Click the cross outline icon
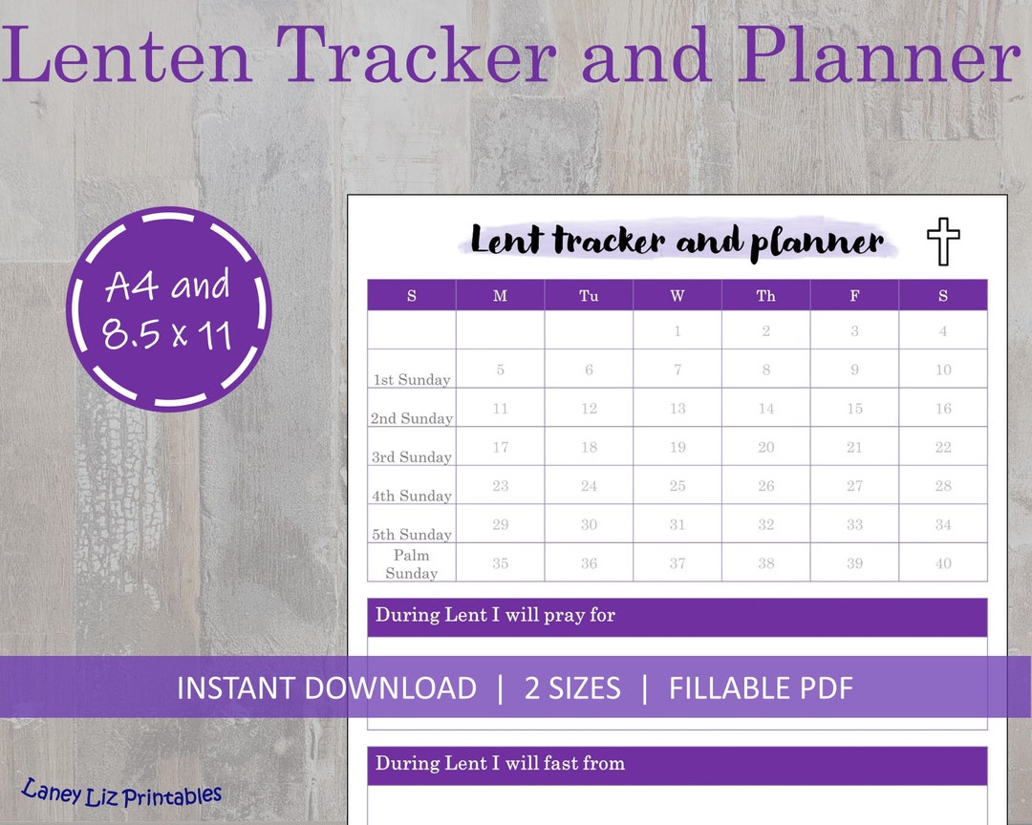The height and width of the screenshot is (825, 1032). pyautogui.click(x=943, y=242)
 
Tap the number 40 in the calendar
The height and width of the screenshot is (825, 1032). pyautogui.click(x=943, y=563)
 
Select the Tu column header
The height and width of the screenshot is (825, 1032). pyautogui.click(x=589, y=296)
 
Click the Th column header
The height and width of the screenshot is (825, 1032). pyautogui.click(x=765, y=296)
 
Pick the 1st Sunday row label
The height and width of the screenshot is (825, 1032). pyautogui.click(x=412, y=379)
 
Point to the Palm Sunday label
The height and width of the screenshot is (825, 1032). pyautogui.click(x=412, y=564)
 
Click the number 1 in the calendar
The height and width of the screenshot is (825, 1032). pyautogui.click(x=677, y=331)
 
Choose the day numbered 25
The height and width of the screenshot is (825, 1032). pyautogui.click(x=677, y=486)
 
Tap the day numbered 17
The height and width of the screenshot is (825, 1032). pyautogui.click(x=500, y=447)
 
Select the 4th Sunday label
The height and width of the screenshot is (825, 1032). pyautogui.click(x=412, y=496)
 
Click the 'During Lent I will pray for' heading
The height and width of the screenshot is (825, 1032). pyautogui.click(x=495, y=615)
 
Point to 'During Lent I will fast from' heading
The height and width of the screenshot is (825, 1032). pyautogui.click(x=500, y=763)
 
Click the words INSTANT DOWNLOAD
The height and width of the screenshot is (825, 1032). pyautogui.click(x=327, y=687)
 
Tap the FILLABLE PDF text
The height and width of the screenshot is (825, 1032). pyautogui.click(x=761, y=687)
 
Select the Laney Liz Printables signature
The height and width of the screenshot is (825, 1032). pyautogui.click(x=121, y=794)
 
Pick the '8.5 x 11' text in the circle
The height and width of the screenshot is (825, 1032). pyautogui.click(x=168, y=334)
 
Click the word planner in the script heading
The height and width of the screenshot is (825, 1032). pyautogui.click(x=817, y=243)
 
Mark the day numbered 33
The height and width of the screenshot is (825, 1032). pyautogui.click(x=854, y=524)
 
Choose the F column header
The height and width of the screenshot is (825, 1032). pyautogui.click(x=854, y=296)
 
